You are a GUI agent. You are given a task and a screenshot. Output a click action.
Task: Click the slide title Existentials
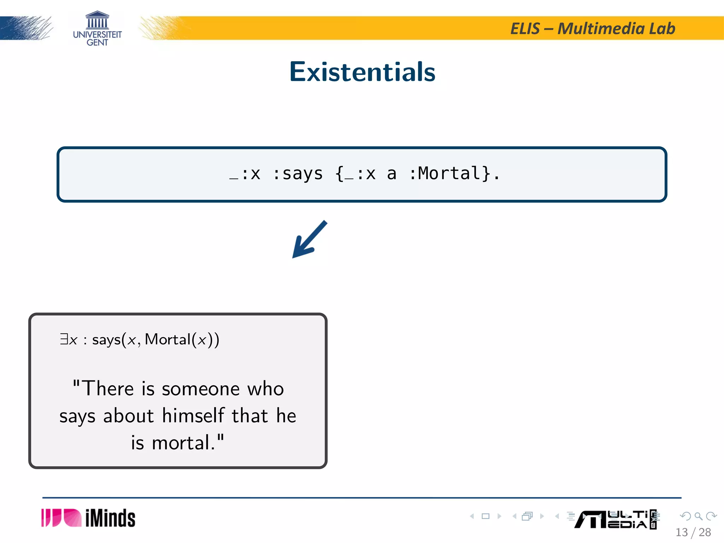pos(362,72)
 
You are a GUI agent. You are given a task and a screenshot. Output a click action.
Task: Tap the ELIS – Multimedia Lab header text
pos(592,29)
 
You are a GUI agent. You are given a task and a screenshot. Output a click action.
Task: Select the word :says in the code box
pos(298,174)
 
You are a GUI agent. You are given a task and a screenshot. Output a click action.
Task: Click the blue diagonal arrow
pos(309,239)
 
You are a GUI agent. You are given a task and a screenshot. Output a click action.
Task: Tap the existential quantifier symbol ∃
pos(64,339)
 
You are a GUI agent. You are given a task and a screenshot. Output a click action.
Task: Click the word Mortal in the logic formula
pos(168,339)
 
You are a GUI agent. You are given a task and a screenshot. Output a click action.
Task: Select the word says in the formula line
pos(106,340)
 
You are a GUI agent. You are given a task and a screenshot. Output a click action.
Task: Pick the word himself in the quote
pos(193,416)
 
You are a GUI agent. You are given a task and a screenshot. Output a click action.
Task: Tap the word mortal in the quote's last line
pos(181,443)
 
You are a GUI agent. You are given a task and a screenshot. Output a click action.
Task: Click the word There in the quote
pos(108,389)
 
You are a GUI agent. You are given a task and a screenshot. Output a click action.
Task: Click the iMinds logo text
pos(110,518)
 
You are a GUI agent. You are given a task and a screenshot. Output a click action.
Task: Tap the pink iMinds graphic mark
pos(61,518)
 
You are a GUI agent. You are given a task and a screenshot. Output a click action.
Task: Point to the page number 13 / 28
pos(693,532)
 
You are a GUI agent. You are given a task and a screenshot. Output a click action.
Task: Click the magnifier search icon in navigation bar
pos(698,516)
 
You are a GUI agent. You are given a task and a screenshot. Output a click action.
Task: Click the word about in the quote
pos(128,416)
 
